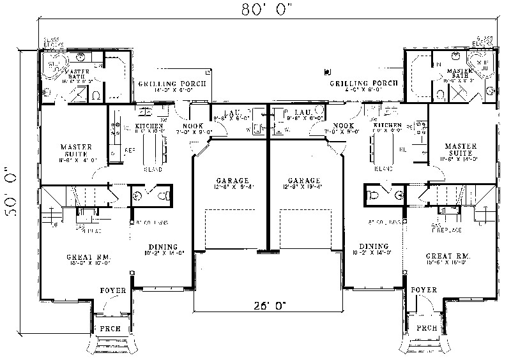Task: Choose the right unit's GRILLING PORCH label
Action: coord(363,84)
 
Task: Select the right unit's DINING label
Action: coord(373,246)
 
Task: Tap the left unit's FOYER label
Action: coord(112,290)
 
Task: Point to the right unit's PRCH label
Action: coord(425,327)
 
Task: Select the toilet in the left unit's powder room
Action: coord(161,195)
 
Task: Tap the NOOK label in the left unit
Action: coord(193,126)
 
